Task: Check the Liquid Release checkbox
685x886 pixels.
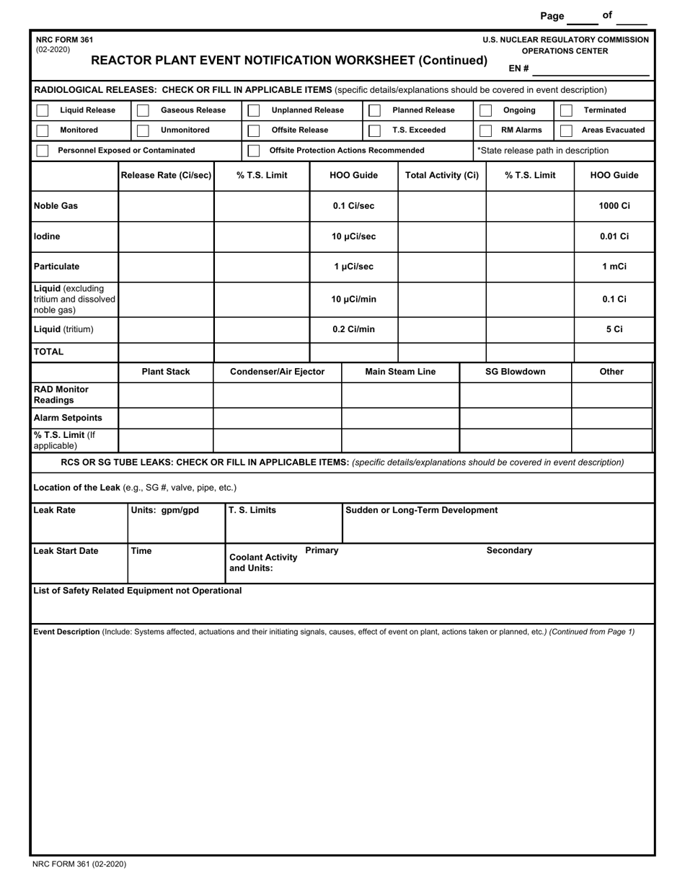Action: [43, 110]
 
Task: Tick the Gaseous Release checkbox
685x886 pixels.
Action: [143, 110]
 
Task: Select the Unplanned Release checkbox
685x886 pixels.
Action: [253, 110]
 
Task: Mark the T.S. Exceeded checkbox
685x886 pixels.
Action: [374, 130]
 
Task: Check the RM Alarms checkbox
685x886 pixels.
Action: [485, 130]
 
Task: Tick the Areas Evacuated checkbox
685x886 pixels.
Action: [566, 130]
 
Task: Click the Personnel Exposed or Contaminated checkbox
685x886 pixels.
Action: [43, 151]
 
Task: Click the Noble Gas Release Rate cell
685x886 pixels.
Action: [166, 206]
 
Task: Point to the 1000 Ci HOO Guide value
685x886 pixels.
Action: [614, 206]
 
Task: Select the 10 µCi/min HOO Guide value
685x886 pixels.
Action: [353, 299]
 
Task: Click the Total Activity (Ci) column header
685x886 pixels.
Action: [442, 175]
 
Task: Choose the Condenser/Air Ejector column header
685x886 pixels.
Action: [277, 372]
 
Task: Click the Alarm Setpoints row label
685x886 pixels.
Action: [68, 418]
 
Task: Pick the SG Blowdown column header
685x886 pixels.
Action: [515, 372]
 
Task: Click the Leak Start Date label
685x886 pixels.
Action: [66, 551]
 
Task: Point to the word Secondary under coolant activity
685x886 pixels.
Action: [509, 550]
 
